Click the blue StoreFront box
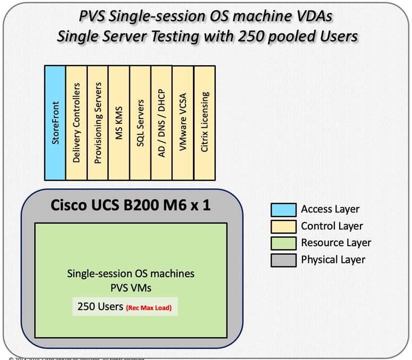click(55, 123)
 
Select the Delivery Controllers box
click(76, 123)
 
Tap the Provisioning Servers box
click(97, 123)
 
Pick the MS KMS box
click(119, 123)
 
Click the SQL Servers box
click(140, 123)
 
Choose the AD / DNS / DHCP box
click(162, 123)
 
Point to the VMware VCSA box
click(183, 123)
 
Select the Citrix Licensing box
click(205, 123)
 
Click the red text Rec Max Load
click(148, 307)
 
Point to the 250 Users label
click(100, 306)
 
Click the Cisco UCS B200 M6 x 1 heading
click(130, 204)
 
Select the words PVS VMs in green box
click(130, 287)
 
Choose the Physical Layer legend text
click(333, 260)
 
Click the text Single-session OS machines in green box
click(130, 274)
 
